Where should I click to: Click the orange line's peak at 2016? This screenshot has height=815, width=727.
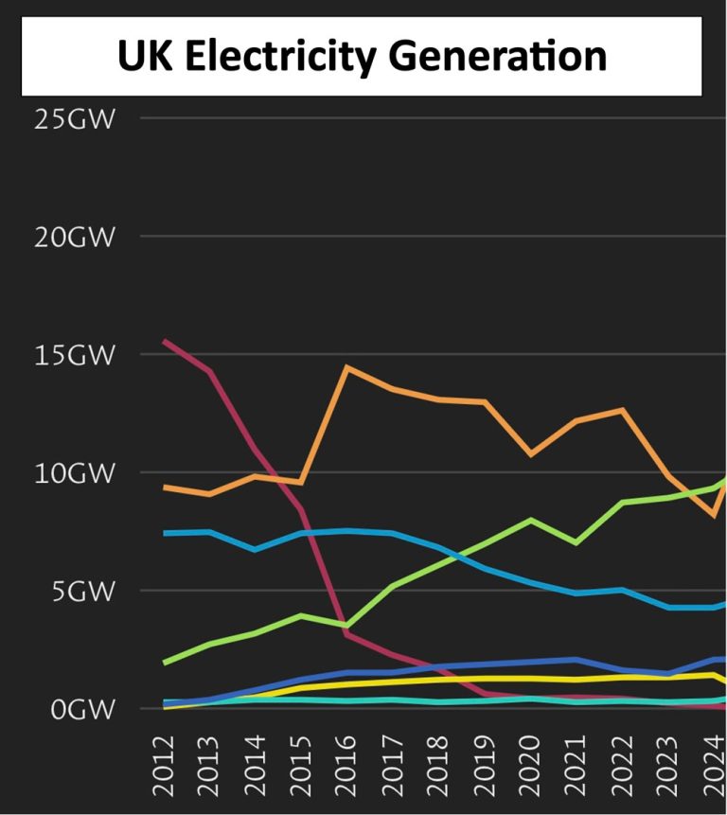point(347,367)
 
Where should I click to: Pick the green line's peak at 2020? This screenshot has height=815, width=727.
point(531,520)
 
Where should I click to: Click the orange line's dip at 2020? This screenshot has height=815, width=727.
point(531,454)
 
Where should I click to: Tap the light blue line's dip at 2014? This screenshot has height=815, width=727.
point(256,549)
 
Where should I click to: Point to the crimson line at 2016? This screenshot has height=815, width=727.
point(347,633)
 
